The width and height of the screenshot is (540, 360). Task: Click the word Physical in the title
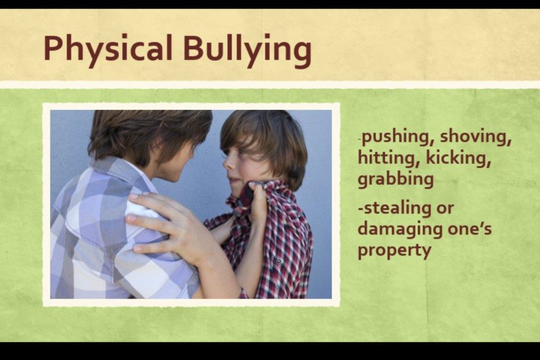(108, 50)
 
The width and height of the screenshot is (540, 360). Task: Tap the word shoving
(476, 137)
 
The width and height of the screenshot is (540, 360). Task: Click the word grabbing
(396, 179)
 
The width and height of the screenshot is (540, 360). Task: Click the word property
(394, 250)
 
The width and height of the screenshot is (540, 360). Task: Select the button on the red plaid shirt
(278, 261)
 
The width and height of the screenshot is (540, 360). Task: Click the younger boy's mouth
(233, 180)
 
